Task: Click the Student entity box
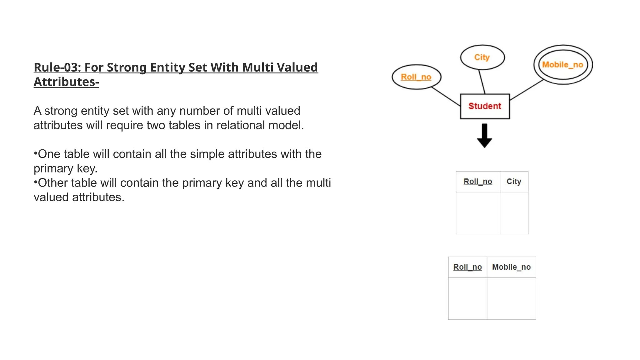(x=485, y=106)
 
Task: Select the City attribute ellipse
(x=482, y=57)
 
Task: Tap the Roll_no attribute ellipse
(x=416, y=77)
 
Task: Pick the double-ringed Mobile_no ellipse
(x=562, y=65)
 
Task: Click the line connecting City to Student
(x=482, y=82)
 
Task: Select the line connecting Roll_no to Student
(x=446, y=97)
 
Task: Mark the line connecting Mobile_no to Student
(x=527, y=90)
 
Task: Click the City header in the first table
(x=514, y=182)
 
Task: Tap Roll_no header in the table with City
(x=478, y=182)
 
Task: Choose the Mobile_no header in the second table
(x=511, y=267)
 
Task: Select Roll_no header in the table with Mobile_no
(x=467, y=267)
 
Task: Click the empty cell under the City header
(x=514, y=213)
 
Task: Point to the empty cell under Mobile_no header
(x=511, y=298)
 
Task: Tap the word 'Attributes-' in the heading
(x=66, y=82)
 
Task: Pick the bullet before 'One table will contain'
(x=36, y=153)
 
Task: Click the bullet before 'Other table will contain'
(x=36, y=182)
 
